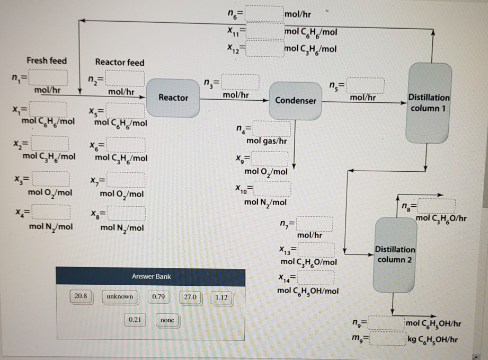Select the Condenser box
coord(296,100)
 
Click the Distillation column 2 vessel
coord(395,254)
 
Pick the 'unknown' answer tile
coord(120,296)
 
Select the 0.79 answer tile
coord(157,296)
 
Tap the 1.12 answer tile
coord(221,297)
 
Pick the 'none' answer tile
coord(167,320)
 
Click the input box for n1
coord(48,80)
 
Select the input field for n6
coord(264,13)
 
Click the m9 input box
coord(386,338)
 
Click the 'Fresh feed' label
coord(47,60)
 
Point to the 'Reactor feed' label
coord(119,62)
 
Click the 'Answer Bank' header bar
coord(150,277)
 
